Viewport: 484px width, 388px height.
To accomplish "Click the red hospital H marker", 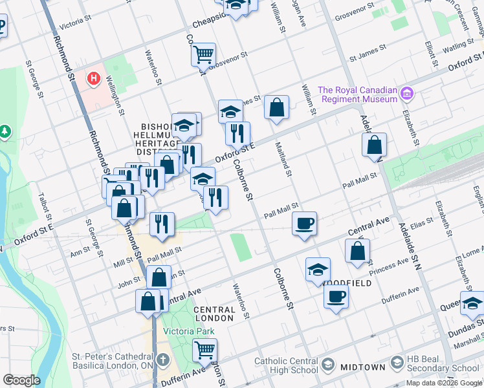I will [x=94, y=79].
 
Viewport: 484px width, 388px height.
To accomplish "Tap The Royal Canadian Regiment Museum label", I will [x=357, y=94].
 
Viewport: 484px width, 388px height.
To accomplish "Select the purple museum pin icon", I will [x=406, y=94].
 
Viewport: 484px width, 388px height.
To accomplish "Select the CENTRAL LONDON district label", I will [x=214, y=314].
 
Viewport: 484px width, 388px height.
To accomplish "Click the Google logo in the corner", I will [x=21, y=380].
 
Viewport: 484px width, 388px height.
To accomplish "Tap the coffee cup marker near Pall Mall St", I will [x=304, y=224].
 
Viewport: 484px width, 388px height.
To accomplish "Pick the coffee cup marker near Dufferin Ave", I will [x=336, y=297].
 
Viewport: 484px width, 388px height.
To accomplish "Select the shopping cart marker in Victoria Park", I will [x=205, y=350].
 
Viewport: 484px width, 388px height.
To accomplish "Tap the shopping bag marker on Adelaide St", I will [x=374, y=145].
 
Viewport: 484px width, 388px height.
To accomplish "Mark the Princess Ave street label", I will [x=388, y=264].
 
